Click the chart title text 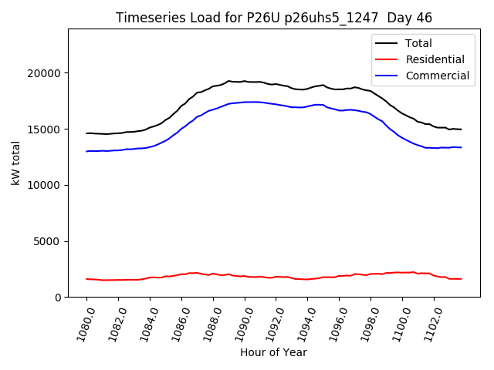point(274,18)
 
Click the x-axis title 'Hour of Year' point(273,352)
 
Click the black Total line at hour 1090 point(245,81)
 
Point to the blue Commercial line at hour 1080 point(87,151)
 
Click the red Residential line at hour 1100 point(402,272)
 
